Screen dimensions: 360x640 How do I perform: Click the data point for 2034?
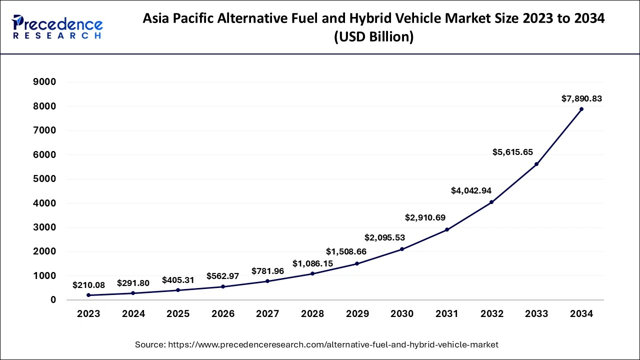[581, 109]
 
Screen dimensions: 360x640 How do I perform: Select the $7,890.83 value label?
[581, 99]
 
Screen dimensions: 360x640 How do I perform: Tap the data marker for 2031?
[447, 229]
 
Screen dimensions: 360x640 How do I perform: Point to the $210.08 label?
[88, 285]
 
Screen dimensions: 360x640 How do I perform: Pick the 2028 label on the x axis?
[312, 314]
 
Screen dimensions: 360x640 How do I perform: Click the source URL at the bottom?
[316, 344]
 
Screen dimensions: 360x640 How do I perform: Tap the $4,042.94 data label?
[471, 190]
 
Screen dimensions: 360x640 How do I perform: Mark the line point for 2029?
[357, 263]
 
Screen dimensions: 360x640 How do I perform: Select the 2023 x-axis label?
[88, 314]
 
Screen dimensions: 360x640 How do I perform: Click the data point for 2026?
[223, 286]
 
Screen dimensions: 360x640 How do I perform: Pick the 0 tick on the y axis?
[52, 300]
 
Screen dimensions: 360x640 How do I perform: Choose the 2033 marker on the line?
[536, 164]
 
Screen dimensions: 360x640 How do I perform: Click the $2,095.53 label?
[384, 237]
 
